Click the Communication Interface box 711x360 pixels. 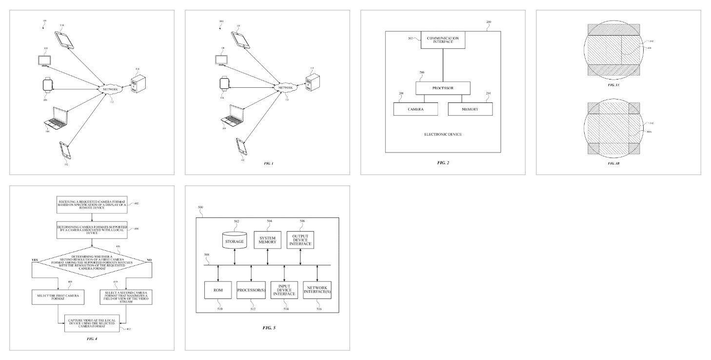click(443, 40)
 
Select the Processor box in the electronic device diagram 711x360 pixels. click(442, 88)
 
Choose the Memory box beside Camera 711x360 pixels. click(470, 109)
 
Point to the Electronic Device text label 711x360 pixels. click(442, 134)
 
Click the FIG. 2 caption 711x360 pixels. click(442, 162)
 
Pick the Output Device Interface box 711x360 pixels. click(300, 240)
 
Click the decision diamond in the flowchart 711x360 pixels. click(92, 262)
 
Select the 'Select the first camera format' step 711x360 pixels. click(58, 296)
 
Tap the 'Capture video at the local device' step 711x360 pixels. click(92, 322)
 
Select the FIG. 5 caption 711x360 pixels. click(269, 327)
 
